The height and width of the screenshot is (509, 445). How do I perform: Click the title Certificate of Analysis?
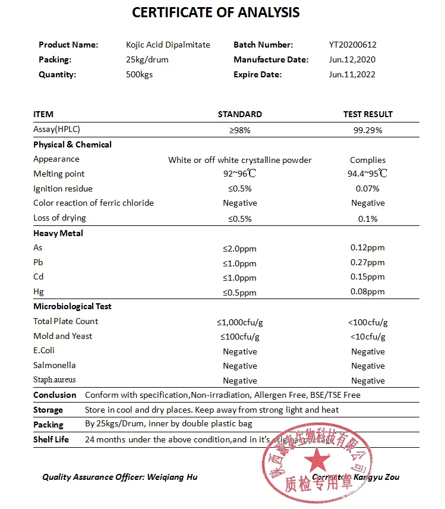(216, 12)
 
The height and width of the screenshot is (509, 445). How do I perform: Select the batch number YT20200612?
(353, 45)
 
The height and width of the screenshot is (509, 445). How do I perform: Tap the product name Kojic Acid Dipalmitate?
(168, 45)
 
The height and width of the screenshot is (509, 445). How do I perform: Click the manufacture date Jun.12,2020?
(352, 59)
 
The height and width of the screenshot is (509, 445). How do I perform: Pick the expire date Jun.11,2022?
(352, 74)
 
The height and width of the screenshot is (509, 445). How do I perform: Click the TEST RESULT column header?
(368, 114)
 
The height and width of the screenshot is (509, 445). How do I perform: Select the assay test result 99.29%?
(368, 130)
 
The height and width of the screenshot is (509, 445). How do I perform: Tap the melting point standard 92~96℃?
(240, 174)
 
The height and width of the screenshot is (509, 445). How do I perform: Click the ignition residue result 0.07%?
(368, 188)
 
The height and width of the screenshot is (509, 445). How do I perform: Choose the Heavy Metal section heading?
(58, 233)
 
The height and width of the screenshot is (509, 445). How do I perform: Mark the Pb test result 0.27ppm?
(368, 263)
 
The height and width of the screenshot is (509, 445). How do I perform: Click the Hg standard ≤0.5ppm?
(240, 292)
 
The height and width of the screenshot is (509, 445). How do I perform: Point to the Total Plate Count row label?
(66, 321)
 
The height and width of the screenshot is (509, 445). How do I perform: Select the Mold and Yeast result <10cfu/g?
(368, 337)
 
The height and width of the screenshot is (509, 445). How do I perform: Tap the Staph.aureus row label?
(55, 379)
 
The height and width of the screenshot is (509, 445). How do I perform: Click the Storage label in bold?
(48, 410)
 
